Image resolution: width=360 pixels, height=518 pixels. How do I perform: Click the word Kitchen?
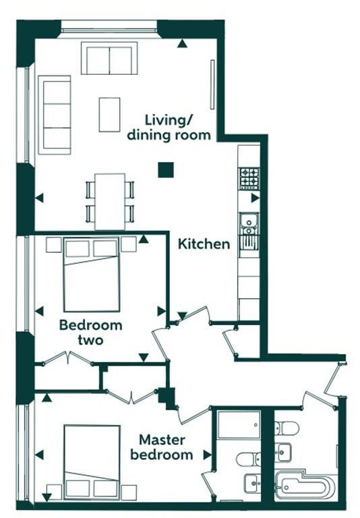click(204, 244)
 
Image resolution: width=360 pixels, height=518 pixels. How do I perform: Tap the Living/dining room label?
click(169, 127)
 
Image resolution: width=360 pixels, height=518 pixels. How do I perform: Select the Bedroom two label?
click(90, 333)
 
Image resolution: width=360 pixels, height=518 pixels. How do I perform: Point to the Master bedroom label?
click(162, 447)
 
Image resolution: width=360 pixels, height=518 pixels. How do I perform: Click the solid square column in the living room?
click(166, 170)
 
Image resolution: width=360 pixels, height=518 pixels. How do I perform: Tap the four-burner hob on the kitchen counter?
click(249, 179)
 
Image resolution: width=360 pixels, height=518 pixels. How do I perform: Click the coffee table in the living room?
click(109, 115)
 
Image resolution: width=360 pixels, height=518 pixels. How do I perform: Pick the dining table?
click(110, 202)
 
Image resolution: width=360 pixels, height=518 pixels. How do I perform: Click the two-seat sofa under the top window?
click(109, 58)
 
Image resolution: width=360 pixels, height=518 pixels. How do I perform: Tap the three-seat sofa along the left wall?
click(55, 115)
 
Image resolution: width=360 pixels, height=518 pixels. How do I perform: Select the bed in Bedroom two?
click(92, 275)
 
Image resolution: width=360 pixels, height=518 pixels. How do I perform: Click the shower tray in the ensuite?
click(239, 424)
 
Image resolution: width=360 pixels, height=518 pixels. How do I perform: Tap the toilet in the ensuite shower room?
click(248, 459)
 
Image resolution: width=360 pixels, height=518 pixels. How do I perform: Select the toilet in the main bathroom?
click(287, 428)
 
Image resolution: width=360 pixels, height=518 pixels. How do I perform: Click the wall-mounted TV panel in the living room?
click(212, 84)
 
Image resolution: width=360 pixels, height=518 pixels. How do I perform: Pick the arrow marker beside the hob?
click(256, 198)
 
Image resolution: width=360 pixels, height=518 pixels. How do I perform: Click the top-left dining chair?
click(90, 190)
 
